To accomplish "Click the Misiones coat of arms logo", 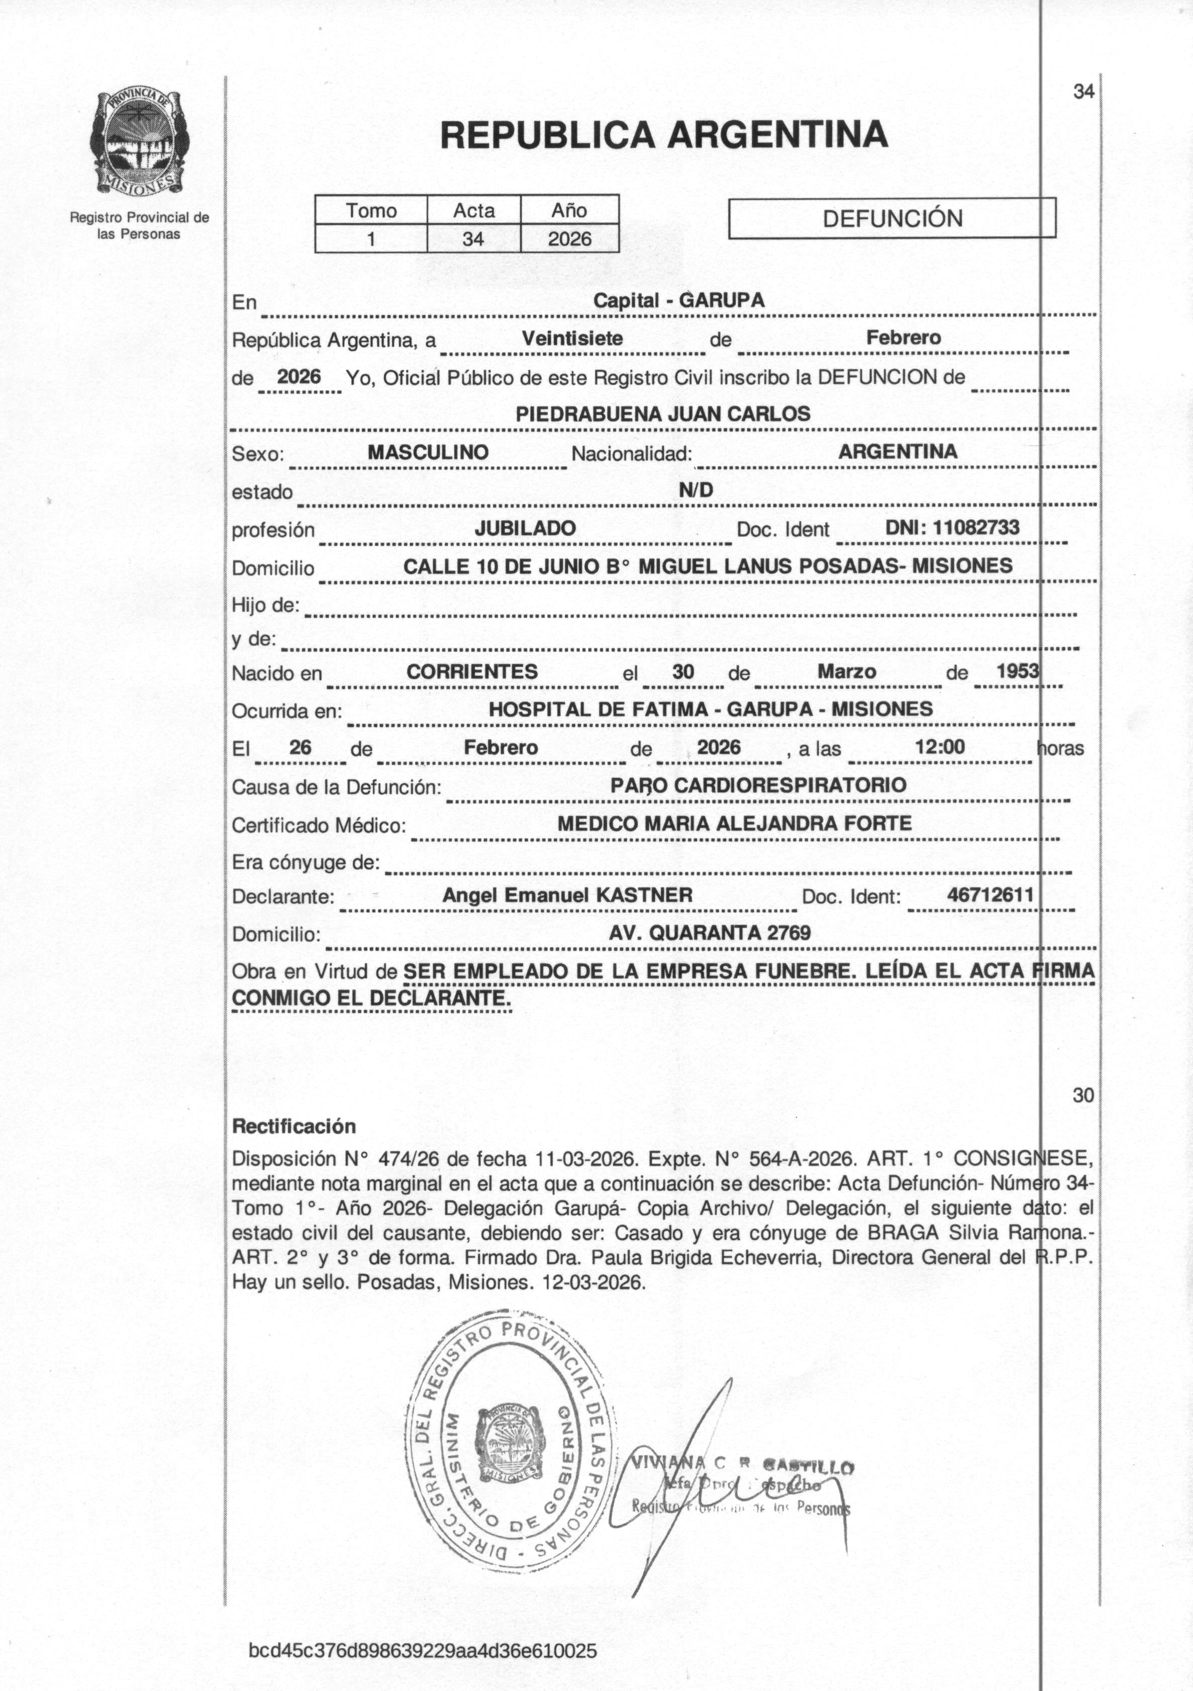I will click(x=139, y=146).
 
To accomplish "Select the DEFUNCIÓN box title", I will click(x=892, y=218).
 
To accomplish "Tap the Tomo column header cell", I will click(x=371, y=211).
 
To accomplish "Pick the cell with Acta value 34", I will click(x=473, y=239).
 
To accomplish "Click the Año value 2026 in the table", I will click(x=570, y=239).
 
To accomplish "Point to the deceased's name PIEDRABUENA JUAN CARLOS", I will click(x=663, y=414).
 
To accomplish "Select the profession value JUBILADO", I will click(x=525, y=528).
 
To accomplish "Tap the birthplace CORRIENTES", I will click(x=472, y=672).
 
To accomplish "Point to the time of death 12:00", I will click(x=940, y=747).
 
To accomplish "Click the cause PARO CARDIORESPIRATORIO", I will click(x=758, y=785).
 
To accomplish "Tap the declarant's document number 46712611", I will click(x=990, y=895).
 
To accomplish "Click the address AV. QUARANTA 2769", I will click(x=709, y=933).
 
